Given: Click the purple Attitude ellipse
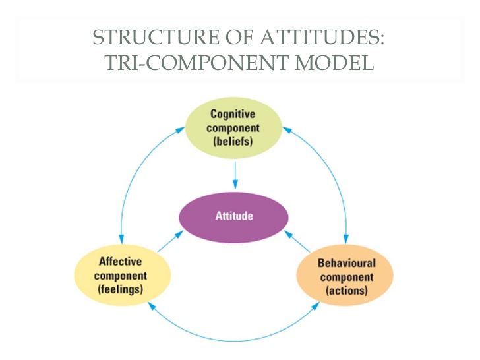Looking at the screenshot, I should pos(234,216).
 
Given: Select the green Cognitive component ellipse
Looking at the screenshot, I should pos(233,129).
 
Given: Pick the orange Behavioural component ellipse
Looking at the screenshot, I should pos(346,276).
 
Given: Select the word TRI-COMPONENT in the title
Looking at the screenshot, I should pos(176,63).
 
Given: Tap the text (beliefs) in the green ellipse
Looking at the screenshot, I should pos(233,141).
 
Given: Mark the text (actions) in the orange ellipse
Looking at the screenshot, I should pos(346,290).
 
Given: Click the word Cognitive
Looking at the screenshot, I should pos(233,114).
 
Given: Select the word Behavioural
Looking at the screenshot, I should pos(346,263).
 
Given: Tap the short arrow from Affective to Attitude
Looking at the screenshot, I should pos(171,241).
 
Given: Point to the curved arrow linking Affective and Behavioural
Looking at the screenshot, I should pos(234,340).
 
